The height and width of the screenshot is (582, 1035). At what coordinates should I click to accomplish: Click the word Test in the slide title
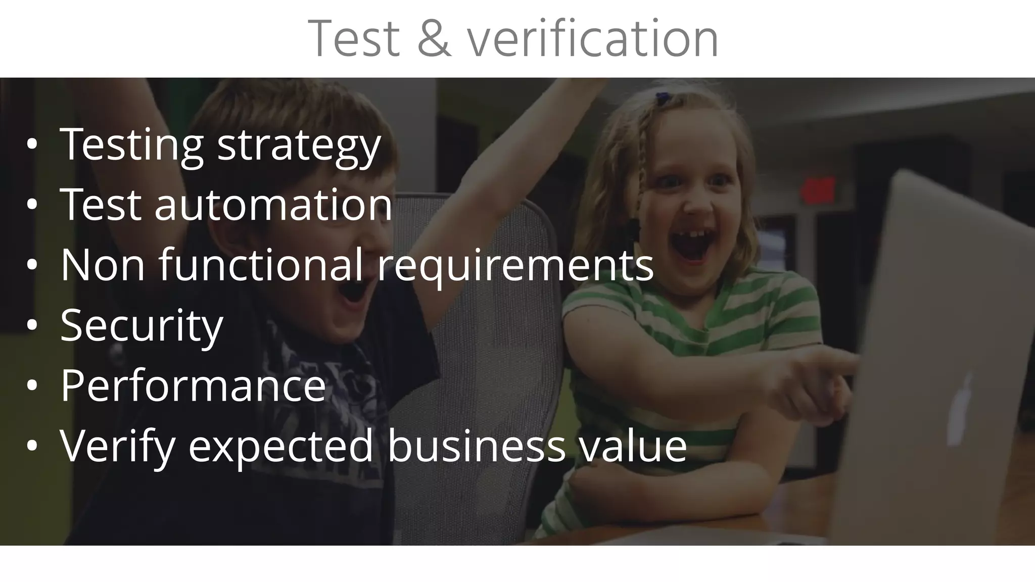click(x=354, y=39)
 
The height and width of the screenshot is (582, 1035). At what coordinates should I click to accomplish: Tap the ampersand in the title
click(x=434, y=39)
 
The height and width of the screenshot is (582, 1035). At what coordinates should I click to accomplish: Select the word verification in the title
click(x=592, y=39)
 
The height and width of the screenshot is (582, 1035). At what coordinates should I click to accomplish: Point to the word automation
click(x=273, y=205)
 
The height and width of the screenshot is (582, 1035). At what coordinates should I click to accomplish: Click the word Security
click(x=142, y=325)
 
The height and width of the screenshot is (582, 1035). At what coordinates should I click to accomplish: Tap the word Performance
click(x=193, y=385)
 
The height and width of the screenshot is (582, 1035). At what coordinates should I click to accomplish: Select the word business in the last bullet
click(x=476, y=446)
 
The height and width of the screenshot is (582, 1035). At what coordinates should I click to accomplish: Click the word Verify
click(x=117, y=446)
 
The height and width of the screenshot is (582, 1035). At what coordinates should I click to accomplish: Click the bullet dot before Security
click(x=32, y=326)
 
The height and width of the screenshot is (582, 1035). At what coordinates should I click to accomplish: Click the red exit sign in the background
click(x=818, y=190)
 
